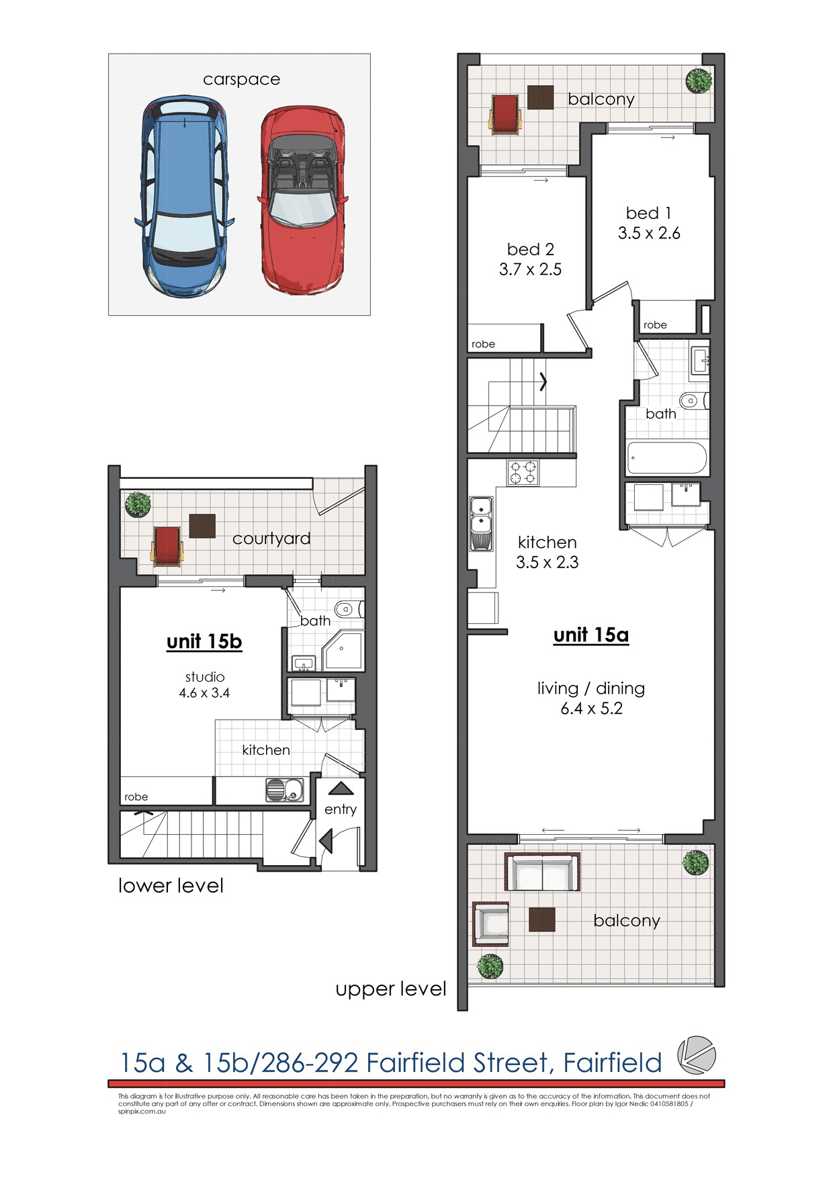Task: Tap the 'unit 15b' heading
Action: pyautogui.click(x=204, y=641)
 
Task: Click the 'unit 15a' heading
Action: pyautogui.click(x=590, y=635)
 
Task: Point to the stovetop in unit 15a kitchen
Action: pyautogui.click(x=523, y=472)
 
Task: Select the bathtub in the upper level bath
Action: pyautogui.click(x=666, y=458)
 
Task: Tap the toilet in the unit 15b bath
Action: pyautogui.click(x=347, y=610)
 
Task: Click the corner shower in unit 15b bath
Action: pyautogui.click(x=343, y=651)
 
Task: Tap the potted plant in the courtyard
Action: pyautogui.click(x=138, y=504)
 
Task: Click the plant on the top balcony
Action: pyautogui.click(x=698, y=82)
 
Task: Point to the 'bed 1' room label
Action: pyautogui.click(x=648, y=213)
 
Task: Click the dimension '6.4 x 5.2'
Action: pyautogui.click(x=591, y=709)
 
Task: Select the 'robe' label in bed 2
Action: pyautogui.click(x=483, y=344)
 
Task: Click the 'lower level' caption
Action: pyautogui.click(x=171, y=886)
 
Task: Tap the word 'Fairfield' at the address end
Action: pyautogui.click(x=612, y=1063)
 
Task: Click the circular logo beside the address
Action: pyautogui.click(x=696, y=1055)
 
